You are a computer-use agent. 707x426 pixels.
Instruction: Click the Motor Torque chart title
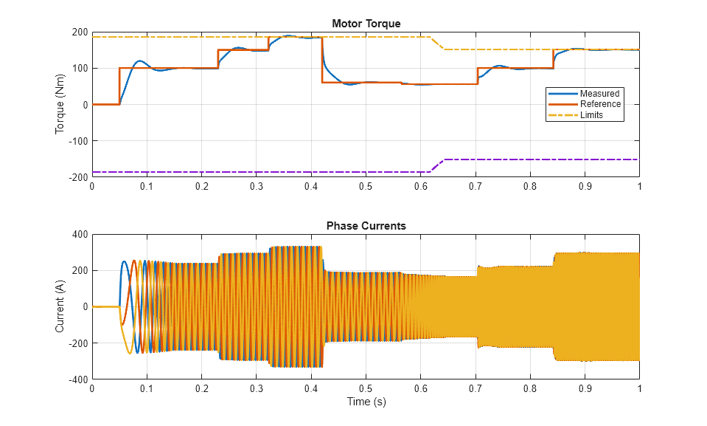(366, 24)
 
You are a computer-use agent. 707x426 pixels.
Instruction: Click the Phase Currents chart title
(366, 226)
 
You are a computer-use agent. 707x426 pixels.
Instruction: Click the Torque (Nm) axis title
(60, 105)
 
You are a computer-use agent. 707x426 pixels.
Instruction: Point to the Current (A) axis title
(60, 306)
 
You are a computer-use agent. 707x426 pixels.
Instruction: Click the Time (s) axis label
(366, 402)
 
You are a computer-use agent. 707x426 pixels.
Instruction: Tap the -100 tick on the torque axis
(77, 141)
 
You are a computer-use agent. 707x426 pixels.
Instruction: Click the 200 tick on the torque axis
(80, 32)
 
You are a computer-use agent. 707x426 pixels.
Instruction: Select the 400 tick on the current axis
(80, 234)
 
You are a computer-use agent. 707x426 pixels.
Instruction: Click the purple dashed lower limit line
(258, 172)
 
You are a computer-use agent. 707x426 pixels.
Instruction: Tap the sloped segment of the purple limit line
(437, 165)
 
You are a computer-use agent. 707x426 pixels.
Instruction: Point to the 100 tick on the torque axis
(80, 69)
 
